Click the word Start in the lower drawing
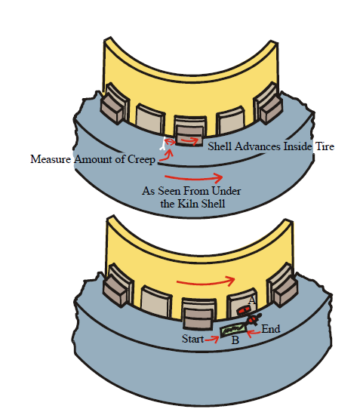(192, 339)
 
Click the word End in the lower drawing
(271, 329)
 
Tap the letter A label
(252, 300)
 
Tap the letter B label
(235, 340)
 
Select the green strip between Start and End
(234, 330)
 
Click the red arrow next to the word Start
(212, 340)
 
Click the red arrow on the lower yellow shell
(205, 282)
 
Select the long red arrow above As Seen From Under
(194, 178)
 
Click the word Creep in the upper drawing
(141, 159)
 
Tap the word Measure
(51, 159)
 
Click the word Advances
(258, 146)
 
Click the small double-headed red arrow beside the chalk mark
(170, 142)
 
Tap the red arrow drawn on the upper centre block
(189, 141)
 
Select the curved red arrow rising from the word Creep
(166, 155)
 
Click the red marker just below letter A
(243, 311)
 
